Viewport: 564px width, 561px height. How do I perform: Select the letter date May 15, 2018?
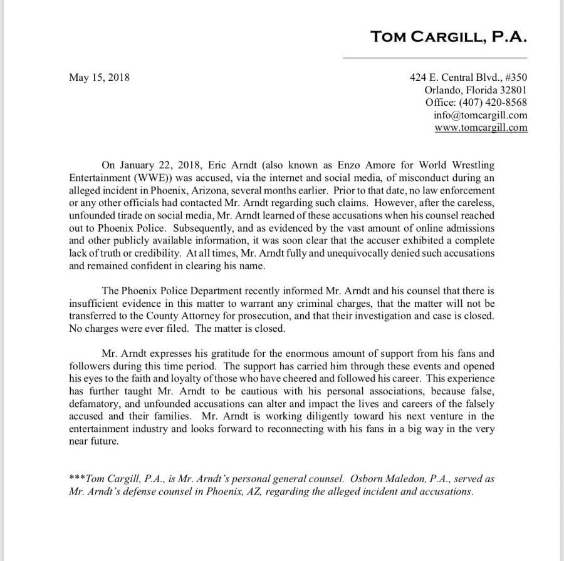coord(98,78)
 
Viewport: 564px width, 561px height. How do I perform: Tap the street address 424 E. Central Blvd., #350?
coord(469,78)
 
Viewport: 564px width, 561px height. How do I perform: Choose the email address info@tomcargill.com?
coord(480,115)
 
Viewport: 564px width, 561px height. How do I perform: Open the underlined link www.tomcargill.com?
coord(481,128)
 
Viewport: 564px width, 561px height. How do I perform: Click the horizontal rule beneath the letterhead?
coord(449,58)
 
